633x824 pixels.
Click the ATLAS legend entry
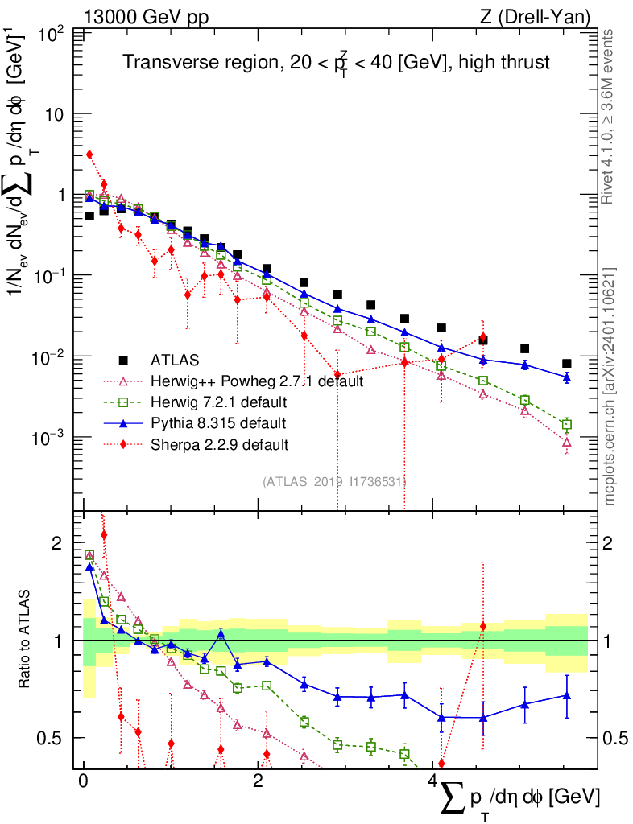176,360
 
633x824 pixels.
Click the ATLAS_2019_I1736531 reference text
334,482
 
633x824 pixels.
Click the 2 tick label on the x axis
258,781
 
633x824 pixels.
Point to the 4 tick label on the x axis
432,781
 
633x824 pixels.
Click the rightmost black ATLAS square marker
567,364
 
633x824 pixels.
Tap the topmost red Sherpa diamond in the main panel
89,154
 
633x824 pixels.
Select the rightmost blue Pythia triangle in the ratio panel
567,695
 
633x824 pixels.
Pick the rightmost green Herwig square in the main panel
567,424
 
